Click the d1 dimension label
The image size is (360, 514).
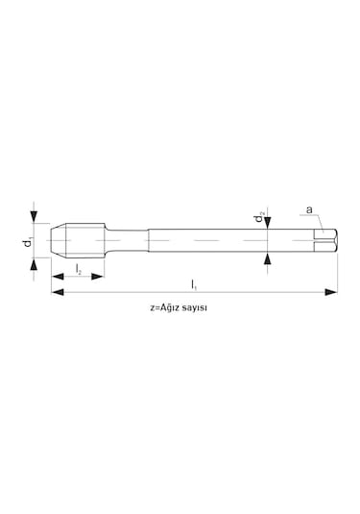(x=28, y=241)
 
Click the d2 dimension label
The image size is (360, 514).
(x=260, y=217)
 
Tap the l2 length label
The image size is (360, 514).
(x=79, y=269)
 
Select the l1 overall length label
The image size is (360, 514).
(x=194, y=284)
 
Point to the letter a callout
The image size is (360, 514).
(x=309, y=209)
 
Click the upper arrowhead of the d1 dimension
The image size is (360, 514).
(x=34, y=217)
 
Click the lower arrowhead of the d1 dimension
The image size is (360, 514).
(x=34, y=264)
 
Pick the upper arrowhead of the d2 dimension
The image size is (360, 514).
(x=268, y=223)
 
